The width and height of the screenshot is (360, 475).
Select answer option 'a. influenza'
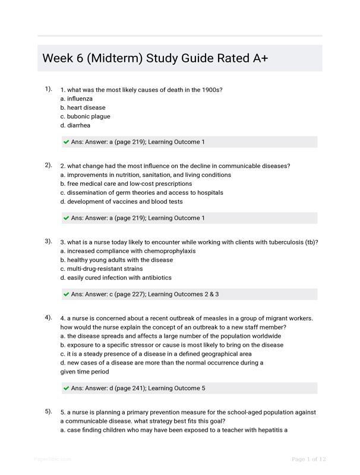[77, 99]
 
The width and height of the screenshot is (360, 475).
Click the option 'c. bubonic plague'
[85, 116]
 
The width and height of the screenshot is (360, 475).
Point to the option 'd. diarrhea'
[75, 125]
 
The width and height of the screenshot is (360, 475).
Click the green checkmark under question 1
[66, 142]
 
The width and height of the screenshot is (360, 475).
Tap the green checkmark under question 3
[66, 294]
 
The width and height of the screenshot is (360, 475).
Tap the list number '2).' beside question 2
[48, 165]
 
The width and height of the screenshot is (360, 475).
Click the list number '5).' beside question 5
[48, 411]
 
